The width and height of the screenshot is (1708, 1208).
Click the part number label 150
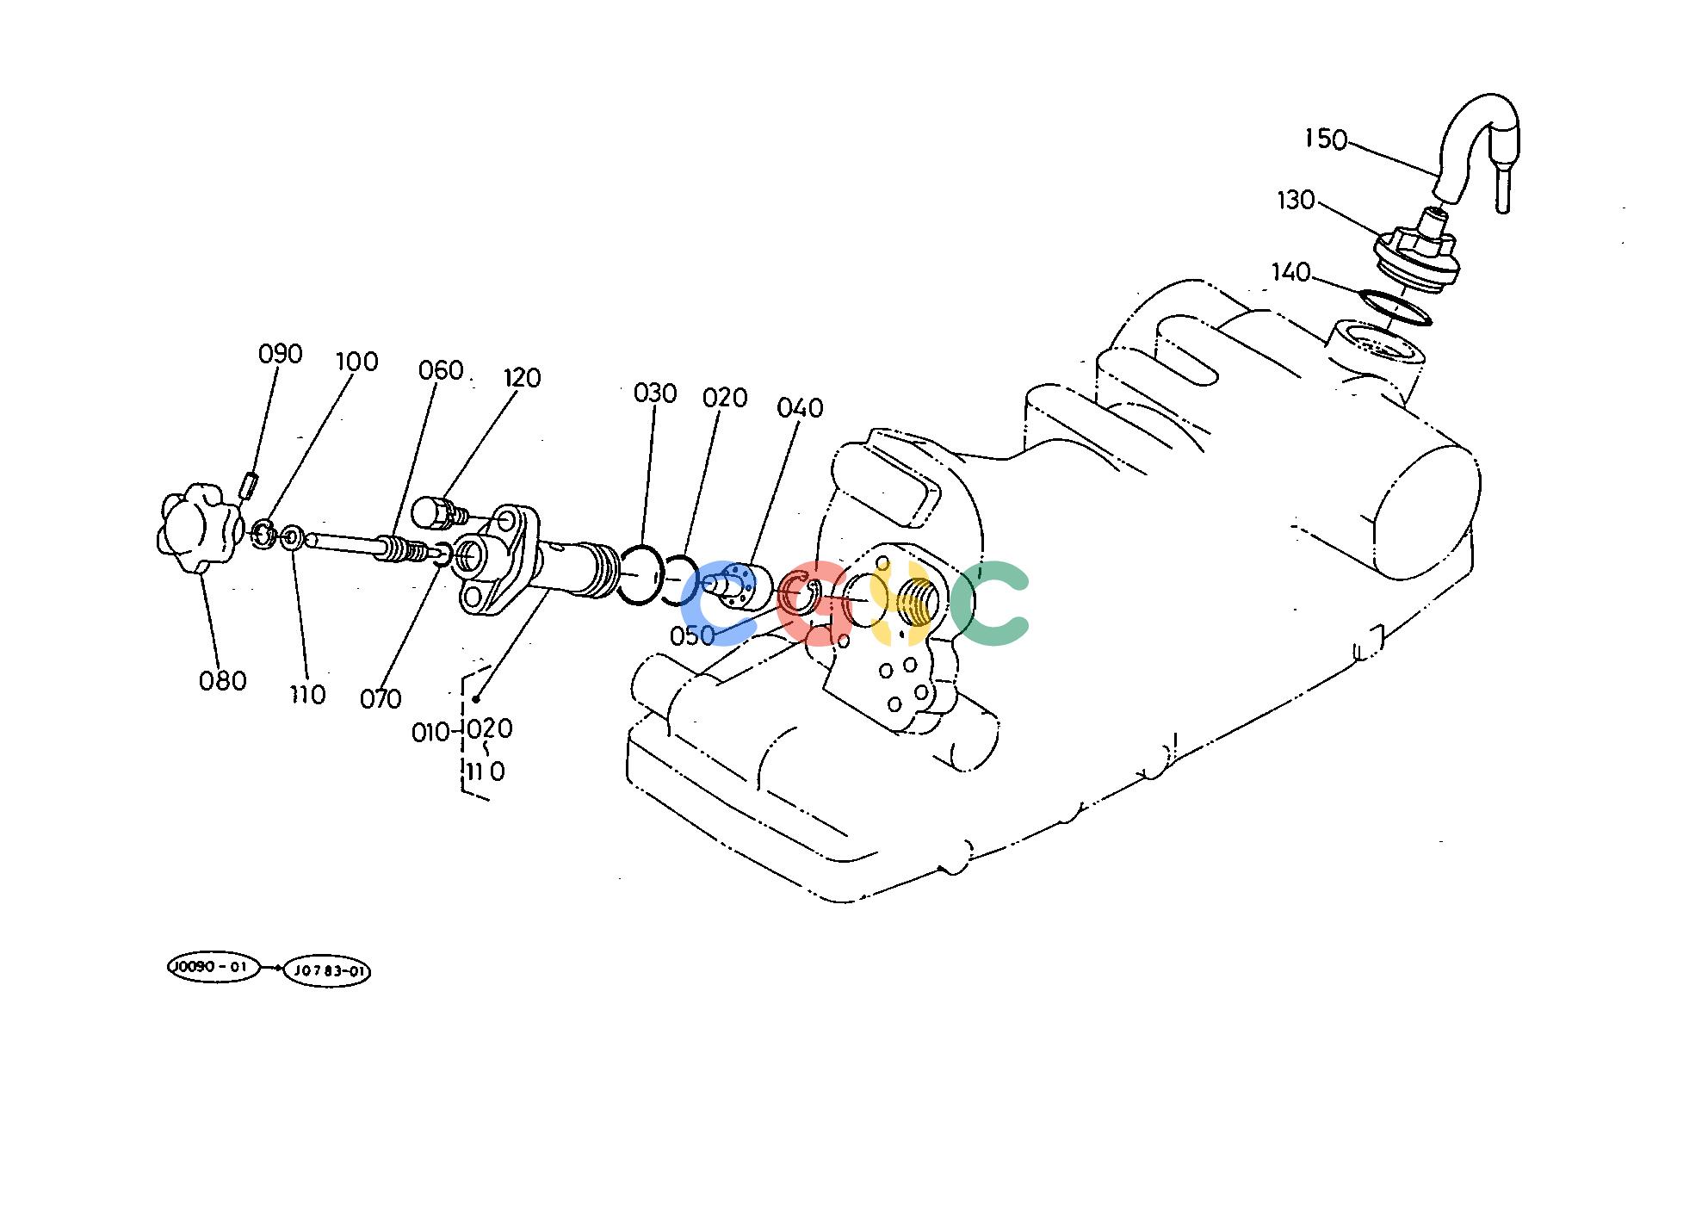click(x=1326, y=139)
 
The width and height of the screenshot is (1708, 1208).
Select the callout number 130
click(x=1296, y=201)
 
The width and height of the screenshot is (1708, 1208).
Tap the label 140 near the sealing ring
click(x=1290, y=273)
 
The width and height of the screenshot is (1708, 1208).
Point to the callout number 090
click(x=281, y=354)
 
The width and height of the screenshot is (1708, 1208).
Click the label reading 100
click(x=356, y=362)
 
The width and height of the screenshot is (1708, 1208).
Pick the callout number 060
click(x=441, y=371)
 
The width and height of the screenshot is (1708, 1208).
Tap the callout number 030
click(x=655, y=393)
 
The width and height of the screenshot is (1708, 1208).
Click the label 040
click(x=800, y=407)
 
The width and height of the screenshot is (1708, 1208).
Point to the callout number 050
click(x=692, y=635)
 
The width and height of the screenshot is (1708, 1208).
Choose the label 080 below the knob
click(x=223, y=681)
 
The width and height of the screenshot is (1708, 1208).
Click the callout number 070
click(x=381, y=699)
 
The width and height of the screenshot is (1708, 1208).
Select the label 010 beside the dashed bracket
click(x=431, y=733)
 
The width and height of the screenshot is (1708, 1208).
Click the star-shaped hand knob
click(x=198, y=528)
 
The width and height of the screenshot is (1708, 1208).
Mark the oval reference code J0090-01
click(x=212, y=968)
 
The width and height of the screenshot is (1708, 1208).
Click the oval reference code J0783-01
click(x=327, y=971)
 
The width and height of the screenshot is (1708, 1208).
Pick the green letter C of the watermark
click(x=988, y=604)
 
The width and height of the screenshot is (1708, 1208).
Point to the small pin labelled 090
click(x=249, y=486)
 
